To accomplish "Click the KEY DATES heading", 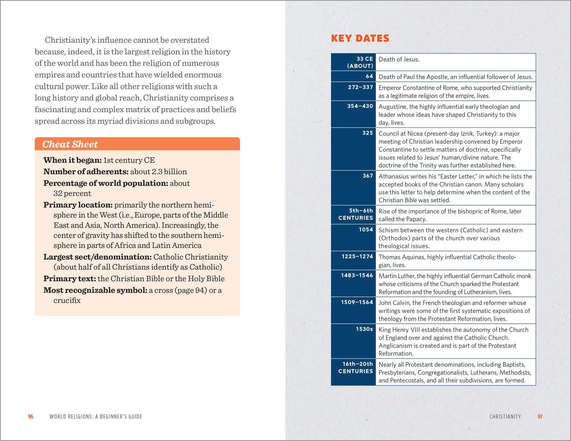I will (360, 38).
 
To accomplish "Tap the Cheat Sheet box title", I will (70, 144).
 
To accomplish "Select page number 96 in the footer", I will (31, 417).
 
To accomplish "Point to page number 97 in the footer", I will (540, 417).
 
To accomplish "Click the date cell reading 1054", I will (366, 230).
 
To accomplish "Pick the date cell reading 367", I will (368, 176).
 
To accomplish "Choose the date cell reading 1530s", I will (364, 329).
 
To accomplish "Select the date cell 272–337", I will (360, 87).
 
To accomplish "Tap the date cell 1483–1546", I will (357, 275).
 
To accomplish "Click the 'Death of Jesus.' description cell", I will (399, 59).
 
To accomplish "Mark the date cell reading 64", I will (369, 76).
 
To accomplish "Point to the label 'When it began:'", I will (72, 160).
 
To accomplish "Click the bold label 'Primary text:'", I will (70, 279).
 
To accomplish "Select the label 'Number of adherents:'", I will (86, 172).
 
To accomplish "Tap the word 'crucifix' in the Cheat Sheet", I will (67, 300).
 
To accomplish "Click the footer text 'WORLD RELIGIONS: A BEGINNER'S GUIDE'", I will (96, 417).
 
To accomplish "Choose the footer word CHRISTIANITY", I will (505, 417).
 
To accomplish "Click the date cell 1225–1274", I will (357, 256).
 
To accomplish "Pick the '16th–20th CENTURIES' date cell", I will (355, 368).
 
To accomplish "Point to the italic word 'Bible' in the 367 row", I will (411, 200).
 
